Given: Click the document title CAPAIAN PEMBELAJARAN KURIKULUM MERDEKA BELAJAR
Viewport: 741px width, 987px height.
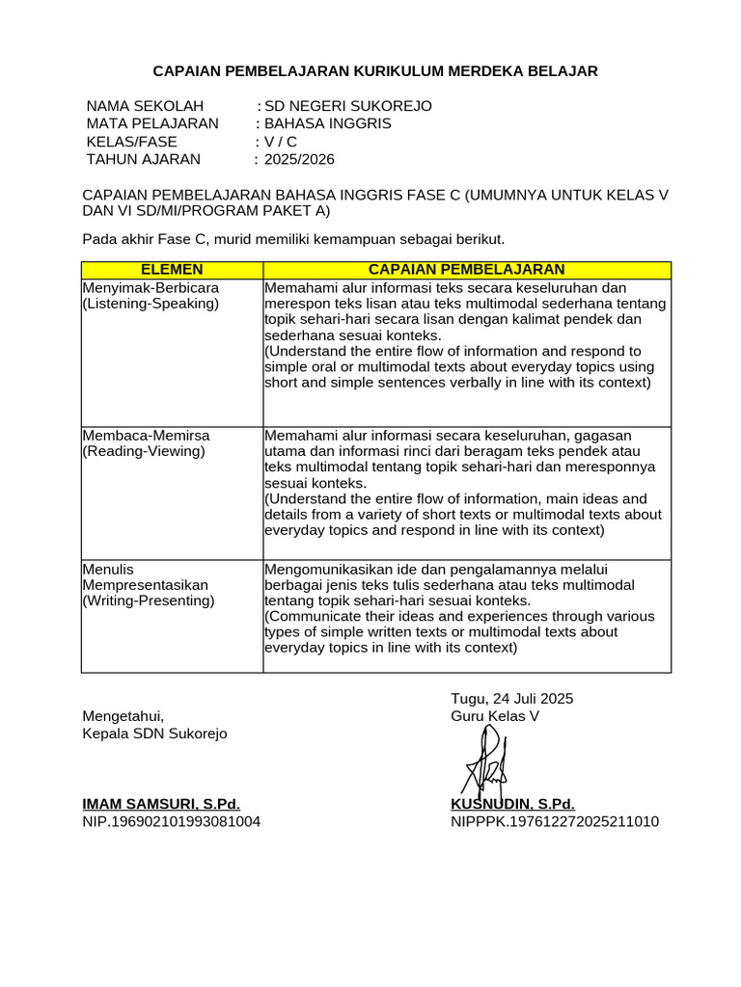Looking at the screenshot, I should (x=376, y=71).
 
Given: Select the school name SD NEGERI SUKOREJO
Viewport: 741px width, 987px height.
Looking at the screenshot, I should (x=348, y=106).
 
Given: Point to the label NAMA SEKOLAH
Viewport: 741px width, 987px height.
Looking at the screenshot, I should (x=145, y=106).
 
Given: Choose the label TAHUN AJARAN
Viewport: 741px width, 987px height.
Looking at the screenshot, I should (x=144, y=159).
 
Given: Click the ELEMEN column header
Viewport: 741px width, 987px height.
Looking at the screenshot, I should (x=172, y=270).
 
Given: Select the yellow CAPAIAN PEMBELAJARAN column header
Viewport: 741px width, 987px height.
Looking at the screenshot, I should (x=467, y=270).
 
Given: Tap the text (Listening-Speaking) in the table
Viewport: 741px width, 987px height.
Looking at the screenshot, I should (x=151, y=304).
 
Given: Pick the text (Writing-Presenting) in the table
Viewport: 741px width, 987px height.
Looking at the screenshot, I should (x=149, y=600).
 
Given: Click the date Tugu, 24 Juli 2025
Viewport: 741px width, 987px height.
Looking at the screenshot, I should (x=511, y=699).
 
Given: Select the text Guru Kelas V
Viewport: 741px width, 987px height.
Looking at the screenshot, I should (x=495, y=716).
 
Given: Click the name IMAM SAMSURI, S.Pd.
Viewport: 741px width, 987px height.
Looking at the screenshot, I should (x=161, y=804).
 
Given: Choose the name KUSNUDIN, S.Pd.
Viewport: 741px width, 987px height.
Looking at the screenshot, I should (x=512, y=804).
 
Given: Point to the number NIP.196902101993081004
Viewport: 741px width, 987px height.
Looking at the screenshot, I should (x=171, y=821).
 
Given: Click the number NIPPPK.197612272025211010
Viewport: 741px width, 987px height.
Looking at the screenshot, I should (x=555, y=821).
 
